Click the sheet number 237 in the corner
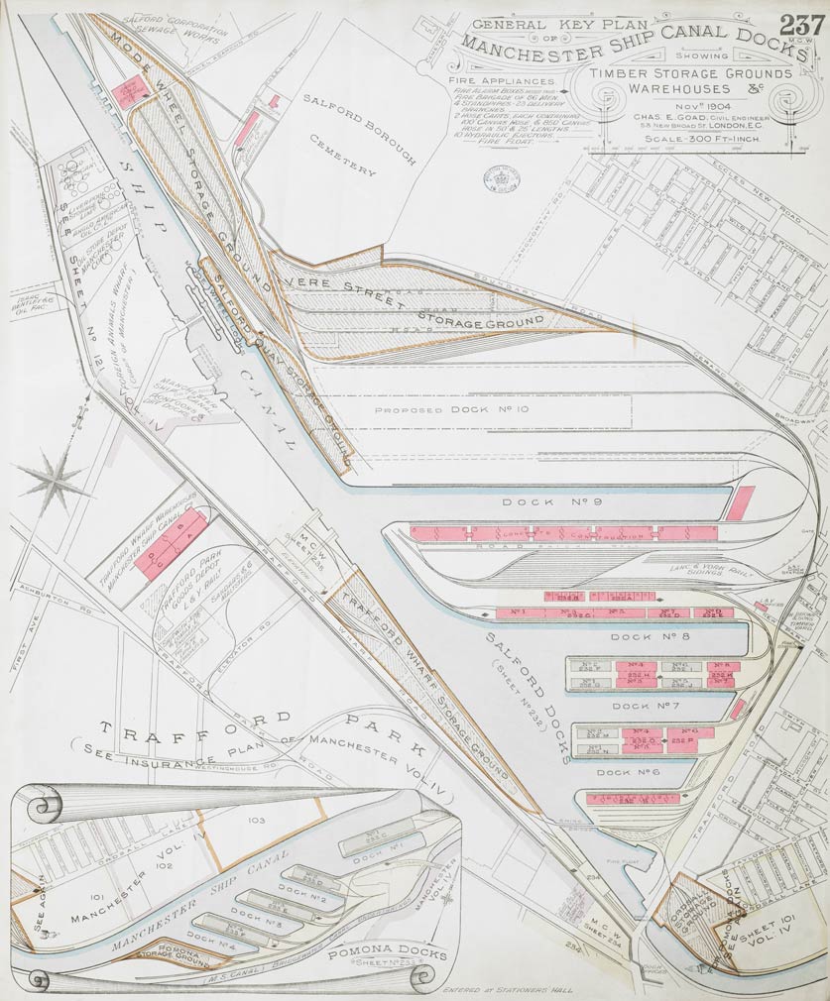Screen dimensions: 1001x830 tap(801, 25)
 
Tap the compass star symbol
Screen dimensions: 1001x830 tap(54, 480)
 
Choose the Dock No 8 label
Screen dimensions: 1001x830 tap(636, 637)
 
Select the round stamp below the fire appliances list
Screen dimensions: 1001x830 tap(500, 177)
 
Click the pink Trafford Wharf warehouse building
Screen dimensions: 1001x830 tap(171, 544)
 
